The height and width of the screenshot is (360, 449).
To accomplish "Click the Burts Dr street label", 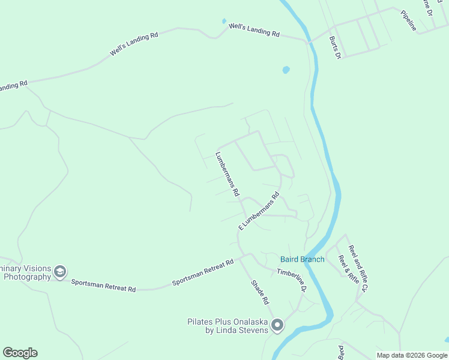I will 335,47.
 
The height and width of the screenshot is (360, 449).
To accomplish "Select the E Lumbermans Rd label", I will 259,211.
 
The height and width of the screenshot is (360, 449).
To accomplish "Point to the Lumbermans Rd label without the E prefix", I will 228,175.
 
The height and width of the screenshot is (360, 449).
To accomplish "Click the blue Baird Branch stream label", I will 303,259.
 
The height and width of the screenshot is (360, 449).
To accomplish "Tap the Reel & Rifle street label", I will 349,269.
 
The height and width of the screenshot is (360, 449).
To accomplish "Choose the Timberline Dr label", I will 292,280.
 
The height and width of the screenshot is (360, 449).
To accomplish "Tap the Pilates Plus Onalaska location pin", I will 277,326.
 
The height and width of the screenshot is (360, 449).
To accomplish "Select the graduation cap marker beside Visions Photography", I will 60,272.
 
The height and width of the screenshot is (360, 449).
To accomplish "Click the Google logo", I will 20,353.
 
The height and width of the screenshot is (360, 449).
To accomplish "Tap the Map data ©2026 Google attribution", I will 411,355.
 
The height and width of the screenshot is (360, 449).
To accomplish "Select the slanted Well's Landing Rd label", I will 133,44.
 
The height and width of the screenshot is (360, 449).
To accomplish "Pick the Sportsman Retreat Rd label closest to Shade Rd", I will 202,273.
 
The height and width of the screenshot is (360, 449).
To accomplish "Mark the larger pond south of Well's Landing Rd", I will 286,70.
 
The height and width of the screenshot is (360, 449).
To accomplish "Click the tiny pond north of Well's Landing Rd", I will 224,22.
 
